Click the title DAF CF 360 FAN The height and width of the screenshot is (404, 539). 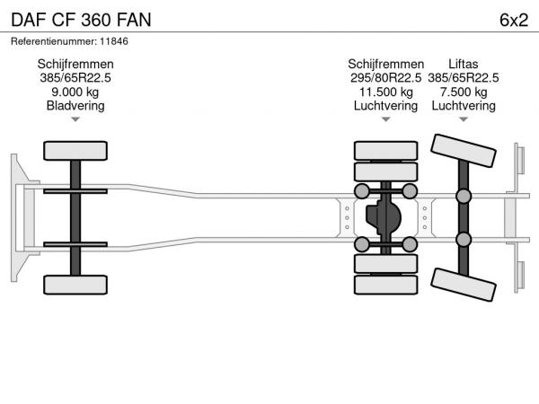coord(81,20)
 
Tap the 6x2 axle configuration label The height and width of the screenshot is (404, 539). coord(514,20)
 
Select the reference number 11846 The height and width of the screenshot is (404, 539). coord(114,41)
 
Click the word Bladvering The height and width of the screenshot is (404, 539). coord(75,105)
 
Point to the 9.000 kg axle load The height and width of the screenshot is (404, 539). coord(75,92)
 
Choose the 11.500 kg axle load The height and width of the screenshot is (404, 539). coord(385,92)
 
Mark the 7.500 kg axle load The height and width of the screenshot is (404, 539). coord(464,92)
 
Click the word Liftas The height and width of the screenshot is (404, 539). coord(464,64)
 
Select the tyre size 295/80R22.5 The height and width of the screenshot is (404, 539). coord(385,78)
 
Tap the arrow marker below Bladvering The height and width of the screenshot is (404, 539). coord(75,119)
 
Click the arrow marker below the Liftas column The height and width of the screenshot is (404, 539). coord(464,119)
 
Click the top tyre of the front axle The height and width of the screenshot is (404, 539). coord(75,151)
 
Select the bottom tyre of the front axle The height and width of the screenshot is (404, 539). coord(75,285)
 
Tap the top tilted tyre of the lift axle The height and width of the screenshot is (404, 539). coord(464,151)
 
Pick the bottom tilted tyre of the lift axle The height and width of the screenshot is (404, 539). coord(464,285)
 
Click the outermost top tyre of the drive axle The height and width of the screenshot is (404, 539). coord(385,151)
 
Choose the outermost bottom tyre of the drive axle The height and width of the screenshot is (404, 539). coord(385,285)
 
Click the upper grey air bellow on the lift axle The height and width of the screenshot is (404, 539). coord(464,196)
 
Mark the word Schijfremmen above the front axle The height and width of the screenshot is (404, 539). coord(75,64)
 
